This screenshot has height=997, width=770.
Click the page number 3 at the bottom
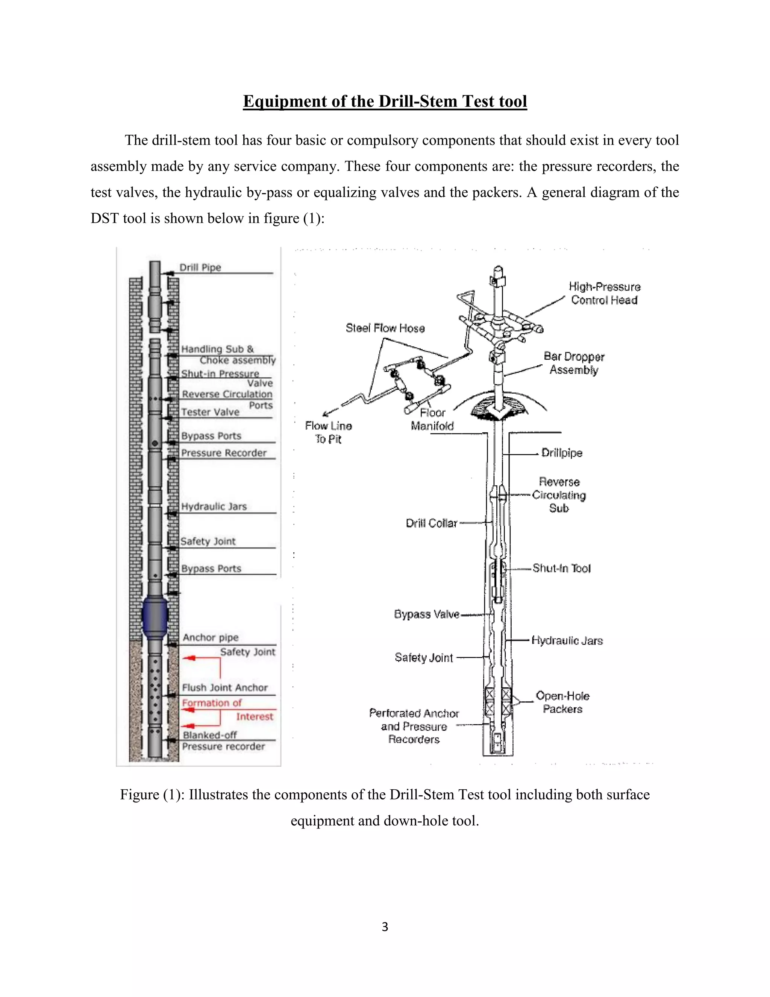pos(385,927)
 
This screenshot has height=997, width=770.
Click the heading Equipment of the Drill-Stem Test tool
pos(385,101)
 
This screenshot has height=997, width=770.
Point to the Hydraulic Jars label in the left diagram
pos(214,506)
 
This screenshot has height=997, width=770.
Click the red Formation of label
pos(212,702)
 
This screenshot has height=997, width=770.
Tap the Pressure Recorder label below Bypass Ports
pos(224,453)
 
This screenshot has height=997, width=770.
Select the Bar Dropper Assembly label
pos(573,363)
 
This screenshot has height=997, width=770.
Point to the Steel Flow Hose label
pos(385,328)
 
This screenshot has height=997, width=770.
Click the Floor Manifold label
pos(432,419)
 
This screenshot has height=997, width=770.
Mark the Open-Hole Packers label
pos(562,702)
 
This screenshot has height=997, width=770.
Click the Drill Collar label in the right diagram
pos(431,523)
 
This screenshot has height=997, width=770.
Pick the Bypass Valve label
pos(426,614)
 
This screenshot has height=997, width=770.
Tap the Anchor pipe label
pos(210,637)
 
